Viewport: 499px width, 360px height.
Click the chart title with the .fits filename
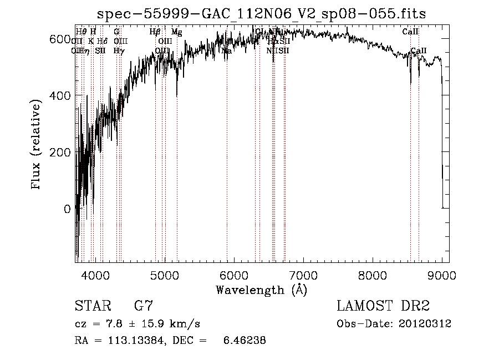coord(261,13)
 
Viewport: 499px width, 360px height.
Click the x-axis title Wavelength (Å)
coord(261,290)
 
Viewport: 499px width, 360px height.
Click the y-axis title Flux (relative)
coord(37,146)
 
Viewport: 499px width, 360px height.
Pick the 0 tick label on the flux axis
coord(68,209)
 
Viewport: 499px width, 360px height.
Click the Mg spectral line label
coord(176,32)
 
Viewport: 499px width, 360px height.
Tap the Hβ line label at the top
coord(155,32)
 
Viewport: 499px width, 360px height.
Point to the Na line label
coord(226,51)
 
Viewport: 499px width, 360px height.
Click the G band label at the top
coord(116,32)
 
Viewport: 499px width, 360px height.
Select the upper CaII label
coord(410,32)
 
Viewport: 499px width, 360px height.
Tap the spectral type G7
coord(144,306)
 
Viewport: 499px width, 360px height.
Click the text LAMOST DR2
coord(383,306)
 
